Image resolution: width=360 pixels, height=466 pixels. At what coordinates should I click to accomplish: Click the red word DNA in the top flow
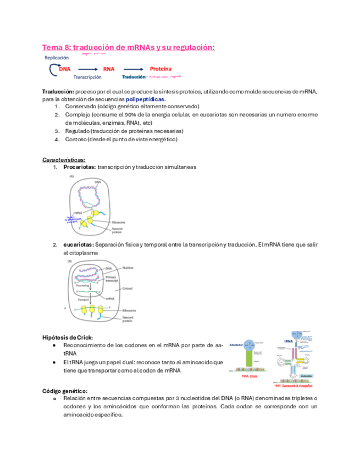(x=65, y=69)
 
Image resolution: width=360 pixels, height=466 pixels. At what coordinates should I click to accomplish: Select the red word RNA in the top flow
(x=109, y=69)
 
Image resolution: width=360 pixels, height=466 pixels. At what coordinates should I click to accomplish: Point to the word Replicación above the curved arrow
(x=57, y=57)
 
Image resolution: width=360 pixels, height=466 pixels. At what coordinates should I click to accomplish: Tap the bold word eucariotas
(x=79, y=245)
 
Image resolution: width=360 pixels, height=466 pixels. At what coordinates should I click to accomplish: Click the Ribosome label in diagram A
(x=119, y=223)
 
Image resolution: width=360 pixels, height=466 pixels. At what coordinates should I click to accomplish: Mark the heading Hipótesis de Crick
(x=68, y=337)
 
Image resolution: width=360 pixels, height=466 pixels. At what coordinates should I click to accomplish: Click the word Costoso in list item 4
(x=76, y=140)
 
